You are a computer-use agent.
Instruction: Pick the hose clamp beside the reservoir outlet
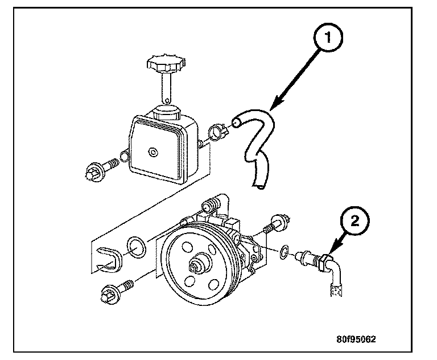point(219,132)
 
